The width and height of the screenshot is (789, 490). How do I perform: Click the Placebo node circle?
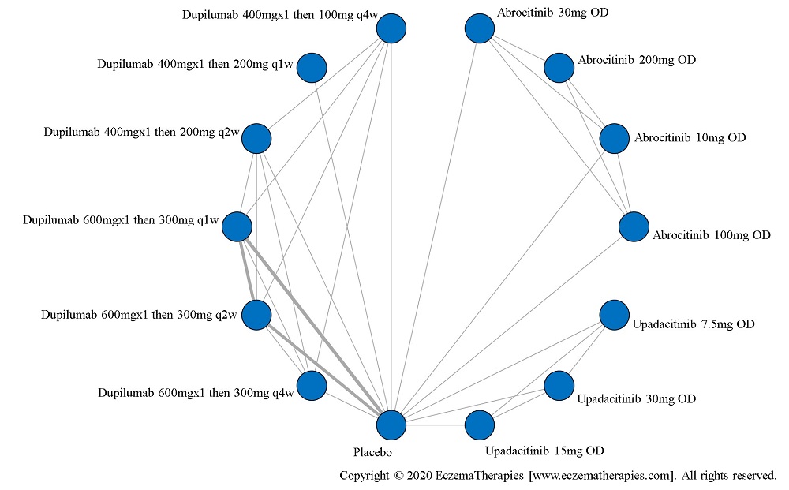tap(391, 425)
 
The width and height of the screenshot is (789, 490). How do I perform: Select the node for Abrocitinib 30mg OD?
tap(479, 29)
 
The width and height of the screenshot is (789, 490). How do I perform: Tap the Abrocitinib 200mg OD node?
tap(559, 68)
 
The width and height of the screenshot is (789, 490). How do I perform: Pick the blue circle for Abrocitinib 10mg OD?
tap(615, 139)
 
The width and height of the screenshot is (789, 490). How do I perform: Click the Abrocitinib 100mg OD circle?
tap(634, 227)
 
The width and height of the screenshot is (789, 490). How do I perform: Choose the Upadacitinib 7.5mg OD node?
tap(615, 315)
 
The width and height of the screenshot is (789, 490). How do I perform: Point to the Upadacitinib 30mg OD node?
tap(559, 386)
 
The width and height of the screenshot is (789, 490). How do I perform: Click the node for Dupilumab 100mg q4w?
tap(391, 29)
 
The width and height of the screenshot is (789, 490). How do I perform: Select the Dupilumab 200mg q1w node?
tap(312, 68)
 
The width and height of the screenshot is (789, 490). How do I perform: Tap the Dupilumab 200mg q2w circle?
tap(256, 139)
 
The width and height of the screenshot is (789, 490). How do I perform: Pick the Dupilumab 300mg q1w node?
tap(237, 227)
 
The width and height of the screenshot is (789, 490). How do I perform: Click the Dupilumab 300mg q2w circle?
tap(256, 315)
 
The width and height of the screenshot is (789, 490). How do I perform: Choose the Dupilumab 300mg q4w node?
tap(312, 386)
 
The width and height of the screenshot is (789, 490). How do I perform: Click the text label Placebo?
tap(372, 453)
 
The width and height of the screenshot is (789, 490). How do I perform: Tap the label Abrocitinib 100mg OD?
tap(711, 235)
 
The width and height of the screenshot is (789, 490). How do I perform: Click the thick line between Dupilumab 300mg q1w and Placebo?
tap(316, 328)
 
